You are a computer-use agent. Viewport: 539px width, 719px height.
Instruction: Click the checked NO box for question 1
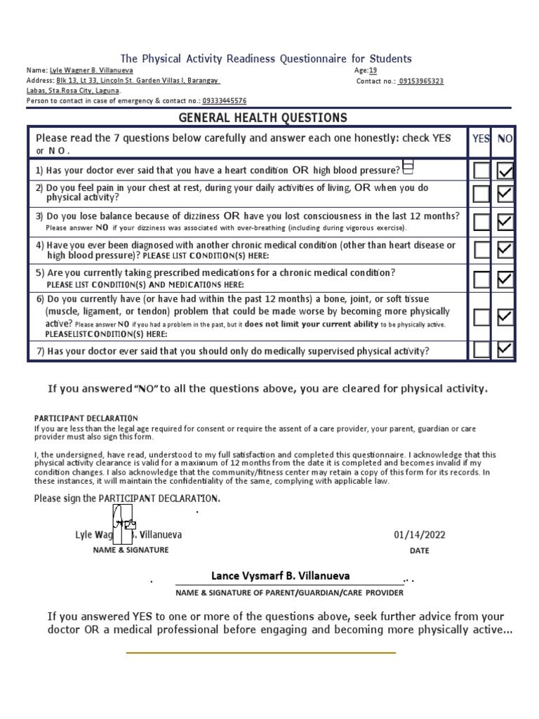pos(505,170)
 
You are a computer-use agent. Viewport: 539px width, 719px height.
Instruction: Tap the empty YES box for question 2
pos(481,193)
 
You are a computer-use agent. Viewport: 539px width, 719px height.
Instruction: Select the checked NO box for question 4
pos(505,249)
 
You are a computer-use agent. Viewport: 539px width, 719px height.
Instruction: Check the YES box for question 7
pos(481,349)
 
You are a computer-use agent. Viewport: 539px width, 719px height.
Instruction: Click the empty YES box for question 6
pos(481,317)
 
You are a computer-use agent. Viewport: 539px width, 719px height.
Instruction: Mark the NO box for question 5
pos(505,279)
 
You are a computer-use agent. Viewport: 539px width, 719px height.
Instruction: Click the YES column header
pos(481,139)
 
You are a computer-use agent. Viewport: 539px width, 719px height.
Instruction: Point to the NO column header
pos(505,139)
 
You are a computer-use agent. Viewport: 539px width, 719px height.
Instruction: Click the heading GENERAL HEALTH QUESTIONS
pos(262,117)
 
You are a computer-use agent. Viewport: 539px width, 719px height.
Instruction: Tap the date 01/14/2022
pos(419,535)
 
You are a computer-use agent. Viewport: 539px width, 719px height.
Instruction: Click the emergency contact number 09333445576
pos(225,101)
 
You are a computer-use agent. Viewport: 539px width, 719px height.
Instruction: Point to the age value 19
pos(373,71)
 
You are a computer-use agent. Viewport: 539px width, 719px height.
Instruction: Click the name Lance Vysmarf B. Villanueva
pos(280,576)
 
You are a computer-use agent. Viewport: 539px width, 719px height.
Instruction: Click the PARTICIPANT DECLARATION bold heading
pos(86,418)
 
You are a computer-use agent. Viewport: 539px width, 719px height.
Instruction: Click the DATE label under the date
pos(419,551)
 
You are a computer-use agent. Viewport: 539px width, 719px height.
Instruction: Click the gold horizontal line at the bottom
pos(260,652)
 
